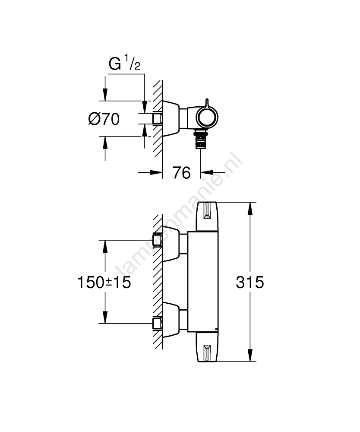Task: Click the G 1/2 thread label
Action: pos(125,64)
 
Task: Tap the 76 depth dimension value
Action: pos(181,173)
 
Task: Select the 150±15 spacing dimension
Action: pos(104,283)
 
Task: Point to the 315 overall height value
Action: pos(249,283)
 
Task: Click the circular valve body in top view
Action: pos(207,117)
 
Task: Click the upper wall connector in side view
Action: pos(158,240)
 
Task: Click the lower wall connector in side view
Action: pos(158,324)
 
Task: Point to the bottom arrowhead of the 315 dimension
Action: pos(250,356)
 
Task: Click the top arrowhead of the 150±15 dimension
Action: pos(104,245)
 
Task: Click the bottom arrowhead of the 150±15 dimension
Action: pos(104,318)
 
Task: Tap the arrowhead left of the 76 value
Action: pos(155,173)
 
